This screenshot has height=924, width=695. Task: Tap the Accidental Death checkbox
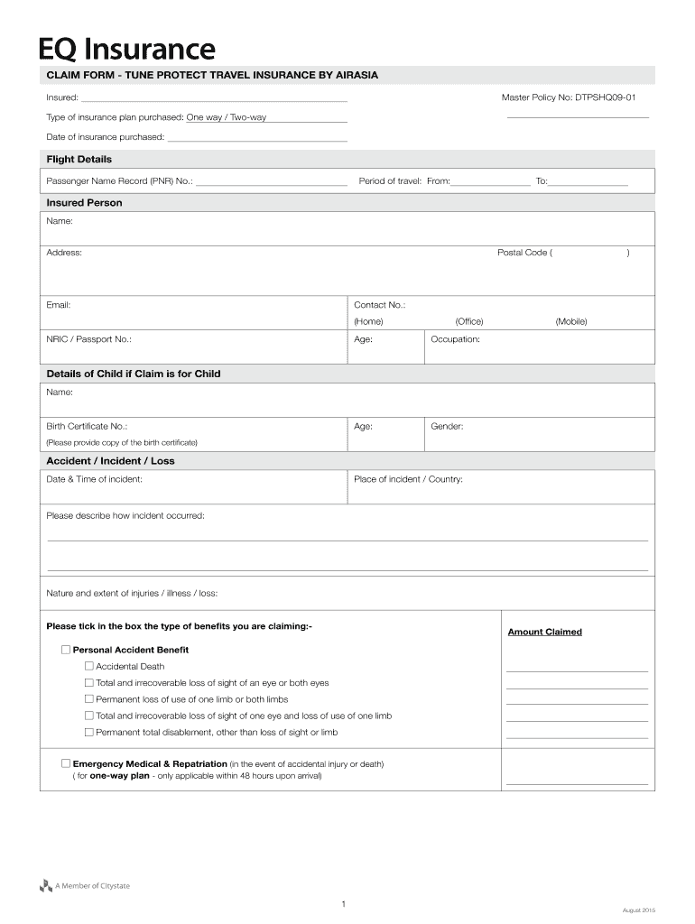tap(88, 666)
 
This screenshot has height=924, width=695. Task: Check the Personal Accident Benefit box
tap(66, 650)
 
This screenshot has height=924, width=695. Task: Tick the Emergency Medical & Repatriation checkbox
tap(66, 763)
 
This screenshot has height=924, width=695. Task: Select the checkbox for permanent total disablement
tap(88, 732)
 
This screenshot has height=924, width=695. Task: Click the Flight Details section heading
tap(79, 159)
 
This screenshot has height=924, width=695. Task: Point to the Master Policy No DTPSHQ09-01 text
tap(574, 97)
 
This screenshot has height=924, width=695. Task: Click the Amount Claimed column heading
tap(544, 632)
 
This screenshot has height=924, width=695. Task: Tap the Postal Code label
tap(523, 253)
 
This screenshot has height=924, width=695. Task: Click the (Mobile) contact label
tap(571, 321)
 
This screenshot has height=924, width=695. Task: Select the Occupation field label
tap(455, 339)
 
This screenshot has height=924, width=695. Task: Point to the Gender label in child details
tap(447, 426)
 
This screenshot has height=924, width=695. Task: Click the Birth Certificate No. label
tap(87, 426)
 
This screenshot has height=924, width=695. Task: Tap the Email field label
tap(59, 305)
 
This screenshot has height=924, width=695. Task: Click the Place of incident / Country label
tap(408, 479)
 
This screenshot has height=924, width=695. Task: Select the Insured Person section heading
tap(84, 203)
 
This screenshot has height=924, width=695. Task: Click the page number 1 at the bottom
tap(344, 903)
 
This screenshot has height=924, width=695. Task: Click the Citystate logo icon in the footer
tap(46, 886)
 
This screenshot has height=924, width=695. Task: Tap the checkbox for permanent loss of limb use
tap(88, 699)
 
